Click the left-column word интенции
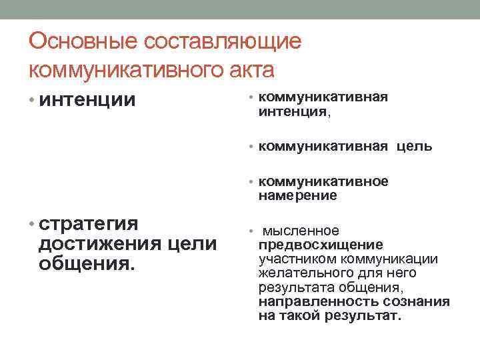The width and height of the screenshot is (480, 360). coord(87,101)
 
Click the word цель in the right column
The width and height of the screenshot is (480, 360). coord(415,147)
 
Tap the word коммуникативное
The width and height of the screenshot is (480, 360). coord(323,182)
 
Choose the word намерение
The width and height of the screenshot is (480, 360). coord(297,196)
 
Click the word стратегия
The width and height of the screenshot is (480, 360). coord(89,223)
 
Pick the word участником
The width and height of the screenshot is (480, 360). coord(296,259)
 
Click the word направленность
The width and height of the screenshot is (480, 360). coord(310,301)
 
